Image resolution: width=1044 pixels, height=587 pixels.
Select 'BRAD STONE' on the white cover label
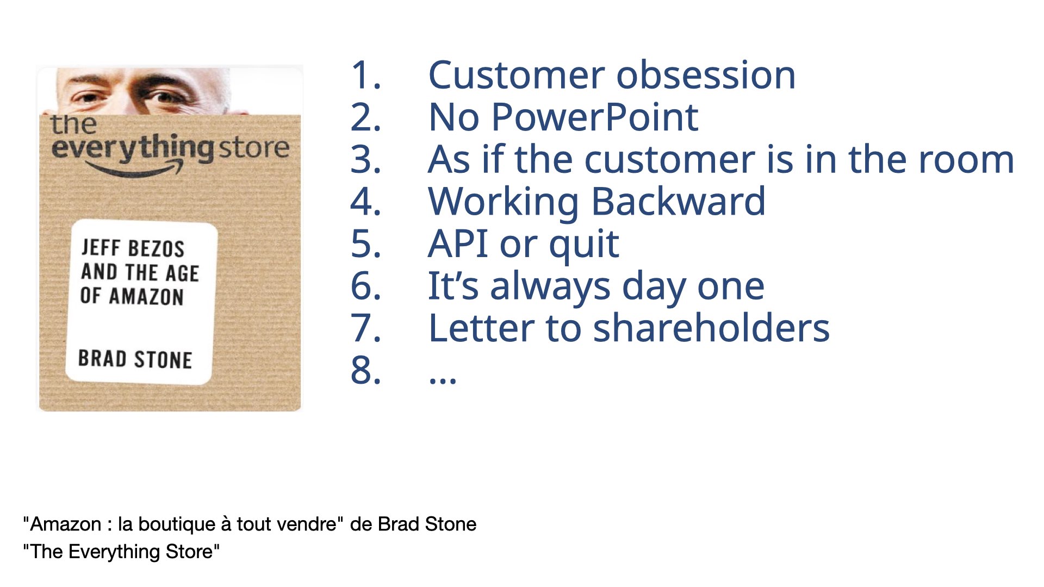(135, 359)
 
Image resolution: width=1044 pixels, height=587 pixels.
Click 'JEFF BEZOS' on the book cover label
(133, 248)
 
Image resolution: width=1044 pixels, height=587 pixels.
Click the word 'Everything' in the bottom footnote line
(114, 552)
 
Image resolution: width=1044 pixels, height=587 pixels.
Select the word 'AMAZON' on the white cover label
(146, 297)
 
